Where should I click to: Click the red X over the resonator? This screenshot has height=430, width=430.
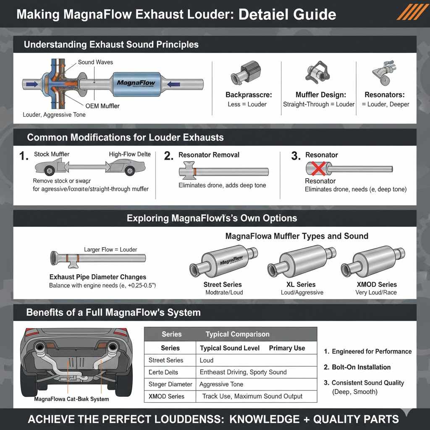pyautogui.click(x=316, y=170)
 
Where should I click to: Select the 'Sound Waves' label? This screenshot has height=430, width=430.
pyautogui.click(x=95, y=62)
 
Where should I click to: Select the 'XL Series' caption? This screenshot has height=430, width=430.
pyautogui.click(x=302, y=284)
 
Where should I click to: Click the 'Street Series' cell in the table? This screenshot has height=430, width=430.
pyautogui.click(x=166, y=360)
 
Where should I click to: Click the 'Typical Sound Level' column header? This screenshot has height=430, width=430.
pyautogui.click(x=230, y=348)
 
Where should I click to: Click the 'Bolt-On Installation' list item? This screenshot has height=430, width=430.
pyautogui.click(x=361, y=367)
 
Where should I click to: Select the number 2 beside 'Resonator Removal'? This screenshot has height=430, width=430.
pyautogui.click(x=168, y=156)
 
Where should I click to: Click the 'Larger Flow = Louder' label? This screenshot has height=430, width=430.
pyautogui.click(x=110, y=249)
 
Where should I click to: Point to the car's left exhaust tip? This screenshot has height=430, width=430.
pyautogui.click(x=41, y=347)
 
